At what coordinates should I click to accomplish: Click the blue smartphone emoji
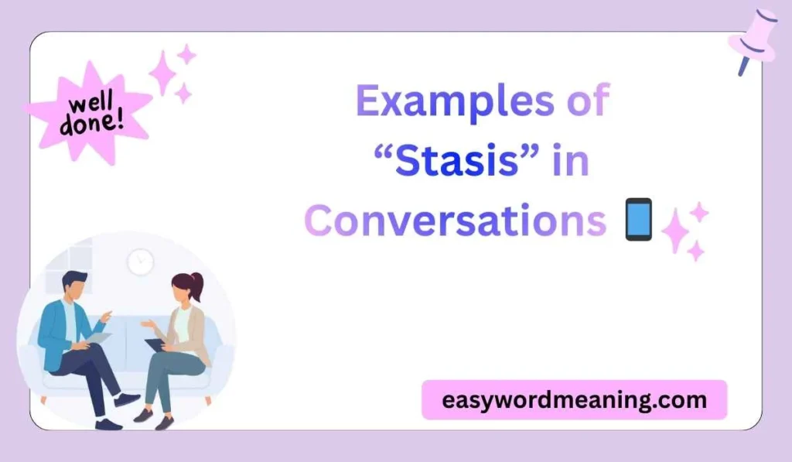point(637,220)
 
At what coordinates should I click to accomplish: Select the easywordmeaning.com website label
point(574,400)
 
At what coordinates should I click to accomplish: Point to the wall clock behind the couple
point(140,262)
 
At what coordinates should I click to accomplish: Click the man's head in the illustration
point(75,285)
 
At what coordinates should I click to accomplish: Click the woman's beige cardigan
point(194,333)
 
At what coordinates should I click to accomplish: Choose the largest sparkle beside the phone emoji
point(675,230)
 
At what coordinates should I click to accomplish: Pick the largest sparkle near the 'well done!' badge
point(163,73)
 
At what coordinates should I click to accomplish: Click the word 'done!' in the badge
point(90,123)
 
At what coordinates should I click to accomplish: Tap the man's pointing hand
point(106,317)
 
